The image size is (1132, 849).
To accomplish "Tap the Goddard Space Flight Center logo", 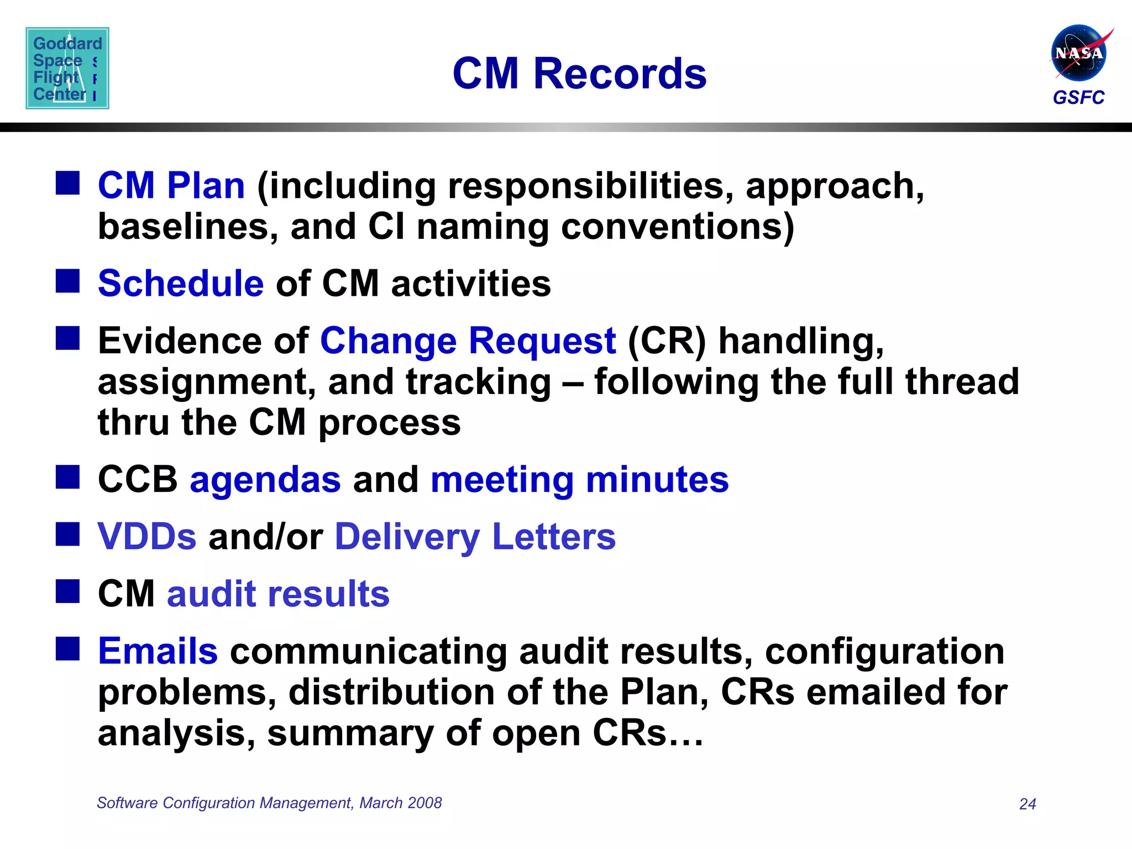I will tap(67, 68).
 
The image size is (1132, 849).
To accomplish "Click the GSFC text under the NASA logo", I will tap(1078, 98).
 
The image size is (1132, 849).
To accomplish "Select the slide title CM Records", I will tap(579, 74).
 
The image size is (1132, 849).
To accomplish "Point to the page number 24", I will tap(1028, 804).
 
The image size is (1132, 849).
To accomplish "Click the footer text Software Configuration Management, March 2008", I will tap(269, 803).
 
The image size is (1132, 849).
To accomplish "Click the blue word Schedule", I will tap(181, 284).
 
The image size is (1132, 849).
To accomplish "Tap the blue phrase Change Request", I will tap(468, 340).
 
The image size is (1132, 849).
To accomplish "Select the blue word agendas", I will tap(265, 479).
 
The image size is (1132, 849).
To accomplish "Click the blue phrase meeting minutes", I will tap(579, 479).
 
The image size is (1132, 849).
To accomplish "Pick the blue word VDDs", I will tap(147, 536).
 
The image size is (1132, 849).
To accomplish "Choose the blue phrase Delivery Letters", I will tap(475, 536).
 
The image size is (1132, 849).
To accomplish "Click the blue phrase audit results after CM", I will tap(279, 594).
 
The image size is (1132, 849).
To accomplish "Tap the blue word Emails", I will tap(158, 651).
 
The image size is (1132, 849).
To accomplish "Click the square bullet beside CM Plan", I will tap(67, 183).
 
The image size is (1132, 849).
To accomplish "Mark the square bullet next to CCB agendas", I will tap(67, 477).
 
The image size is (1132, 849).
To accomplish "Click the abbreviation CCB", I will tap(138, 479).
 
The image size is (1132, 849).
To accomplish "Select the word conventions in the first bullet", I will tap(677, 227).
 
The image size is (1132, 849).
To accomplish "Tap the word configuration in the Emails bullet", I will tap(884, 651).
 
